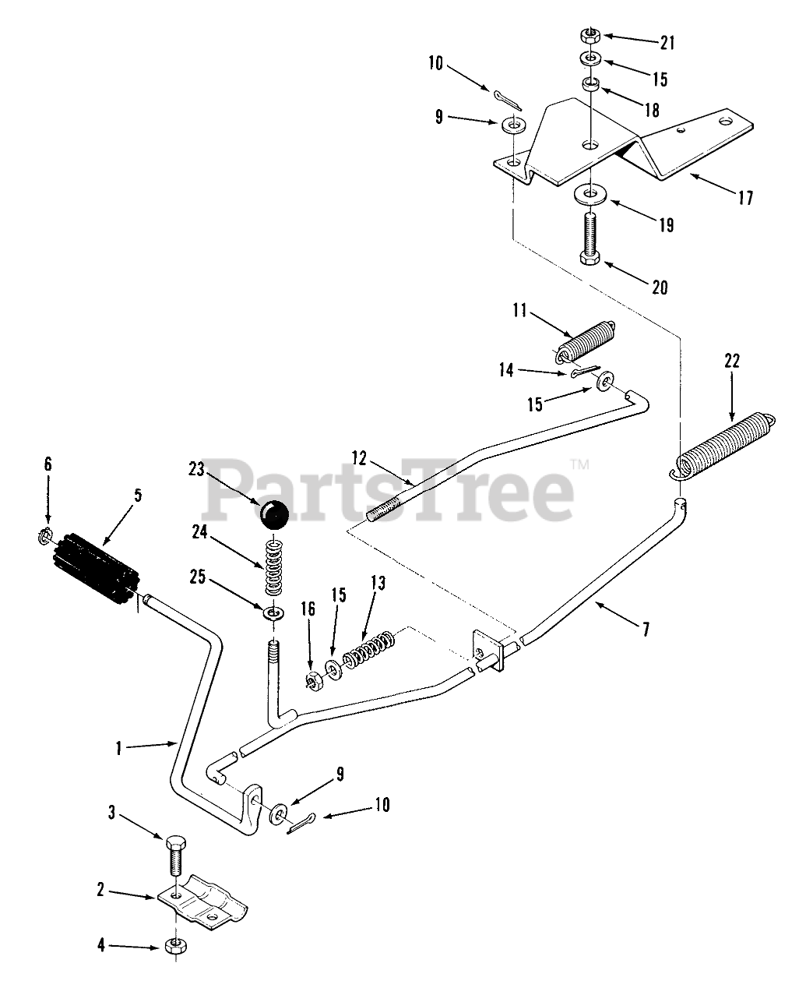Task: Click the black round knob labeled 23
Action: click(x=273, y=514)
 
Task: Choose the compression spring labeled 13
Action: click(x=367, y=649)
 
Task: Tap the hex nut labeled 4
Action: click(x=175, y=947)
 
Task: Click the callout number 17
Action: click(x=745, y=198)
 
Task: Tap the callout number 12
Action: click(x=359, y=459)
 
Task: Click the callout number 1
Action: click(x=118, y=748)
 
